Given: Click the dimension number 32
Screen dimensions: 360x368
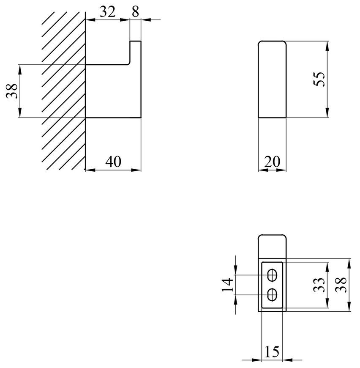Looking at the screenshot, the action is tap(108, 12).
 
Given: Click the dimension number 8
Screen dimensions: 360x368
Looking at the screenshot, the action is tap(135, 12).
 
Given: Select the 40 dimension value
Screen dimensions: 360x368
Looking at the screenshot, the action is tap(113, 162).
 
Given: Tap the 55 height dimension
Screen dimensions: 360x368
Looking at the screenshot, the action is tap(319, 80).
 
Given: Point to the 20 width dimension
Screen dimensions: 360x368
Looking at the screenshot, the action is tap(272, 162).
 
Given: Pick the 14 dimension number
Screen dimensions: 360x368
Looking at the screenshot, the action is tap(228, 285).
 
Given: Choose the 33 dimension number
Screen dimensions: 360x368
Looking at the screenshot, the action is tap(319, 285).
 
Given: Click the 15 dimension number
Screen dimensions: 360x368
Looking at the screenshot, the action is tap(272, 352).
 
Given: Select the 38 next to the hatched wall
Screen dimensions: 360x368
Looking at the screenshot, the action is tap(12, 91).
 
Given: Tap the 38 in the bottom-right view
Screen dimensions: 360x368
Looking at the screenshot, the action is tap(341, 285).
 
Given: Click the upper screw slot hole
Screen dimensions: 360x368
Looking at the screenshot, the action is tap(272, 275).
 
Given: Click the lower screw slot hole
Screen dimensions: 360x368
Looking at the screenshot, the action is tap(272, 294).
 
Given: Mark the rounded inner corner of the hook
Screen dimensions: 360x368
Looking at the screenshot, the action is tap(128, 63).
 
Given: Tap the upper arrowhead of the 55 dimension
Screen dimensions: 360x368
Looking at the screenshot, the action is tap(327, 46).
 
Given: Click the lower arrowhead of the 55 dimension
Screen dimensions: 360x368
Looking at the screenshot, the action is tap(327, 113).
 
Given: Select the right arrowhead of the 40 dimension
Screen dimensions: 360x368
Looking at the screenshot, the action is tap(136, 170).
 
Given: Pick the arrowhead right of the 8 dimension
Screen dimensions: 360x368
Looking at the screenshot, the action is tap(146, 20).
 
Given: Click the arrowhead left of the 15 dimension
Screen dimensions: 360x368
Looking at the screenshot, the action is tap(257, 360).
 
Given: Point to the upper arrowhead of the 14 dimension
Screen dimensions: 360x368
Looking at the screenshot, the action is tap(235, 270).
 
